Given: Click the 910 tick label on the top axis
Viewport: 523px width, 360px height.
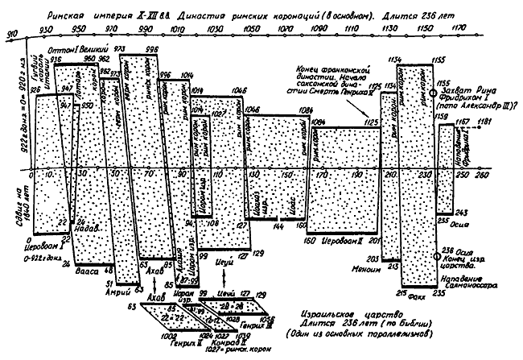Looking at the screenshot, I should (10, 35).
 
